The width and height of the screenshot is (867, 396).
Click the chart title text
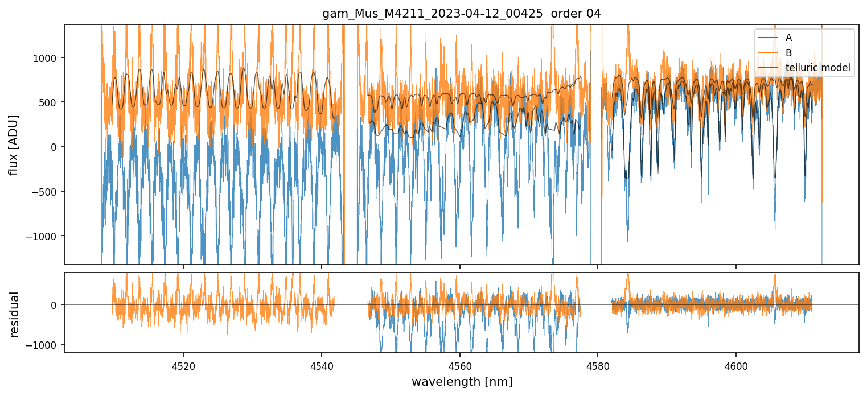tap(462, 14)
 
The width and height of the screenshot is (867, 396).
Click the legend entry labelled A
tap(788, 38)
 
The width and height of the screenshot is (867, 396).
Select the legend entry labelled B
tap(788, 53)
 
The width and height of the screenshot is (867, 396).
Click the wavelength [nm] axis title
tap(462, 381)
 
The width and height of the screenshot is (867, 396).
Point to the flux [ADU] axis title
tap(14, 145)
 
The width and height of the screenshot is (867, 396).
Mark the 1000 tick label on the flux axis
tap(48, 58)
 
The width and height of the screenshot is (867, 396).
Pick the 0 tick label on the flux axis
tap(55, 147)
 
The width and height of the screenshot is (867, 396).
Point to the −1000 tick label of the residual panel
tap(45, 345)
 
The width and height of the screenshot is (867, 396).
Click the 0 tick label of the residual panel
tap(55, 305)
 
